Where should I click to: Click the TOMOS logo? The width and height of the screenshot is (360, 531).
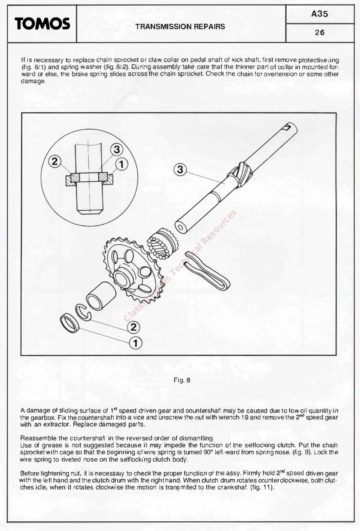pos(42,24)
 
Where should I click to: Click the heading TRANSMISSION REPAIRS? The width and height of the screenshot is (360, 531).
pos(180,27)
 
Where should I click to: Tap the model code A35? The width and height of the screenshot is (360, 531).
pos(320,14)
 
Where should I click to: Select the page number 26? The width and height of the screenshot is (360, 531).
pos(320,33)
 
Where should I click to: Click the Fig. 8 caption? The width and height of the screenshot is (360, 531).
pos(182,380)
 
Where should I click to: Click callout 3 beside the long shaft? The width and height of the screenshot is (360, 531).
pos(180,170)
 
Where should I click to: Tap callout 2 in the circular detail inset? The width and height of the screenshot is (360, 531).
pos(55,162)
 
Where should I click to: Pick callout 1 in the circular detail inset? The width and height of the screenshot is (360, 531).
pos(122,164)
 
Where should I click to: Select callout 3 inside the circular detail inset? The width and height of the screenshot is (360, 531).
pos(116,149)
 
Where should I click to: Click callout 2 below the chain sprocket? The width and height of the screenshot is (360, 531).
pos(133,327)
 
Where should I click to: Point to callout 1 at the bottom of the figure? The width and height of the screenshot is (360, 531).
pos(135,343)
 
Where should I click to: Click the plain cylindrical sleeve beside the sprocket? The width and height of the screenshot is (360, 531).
pos(101,296)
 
